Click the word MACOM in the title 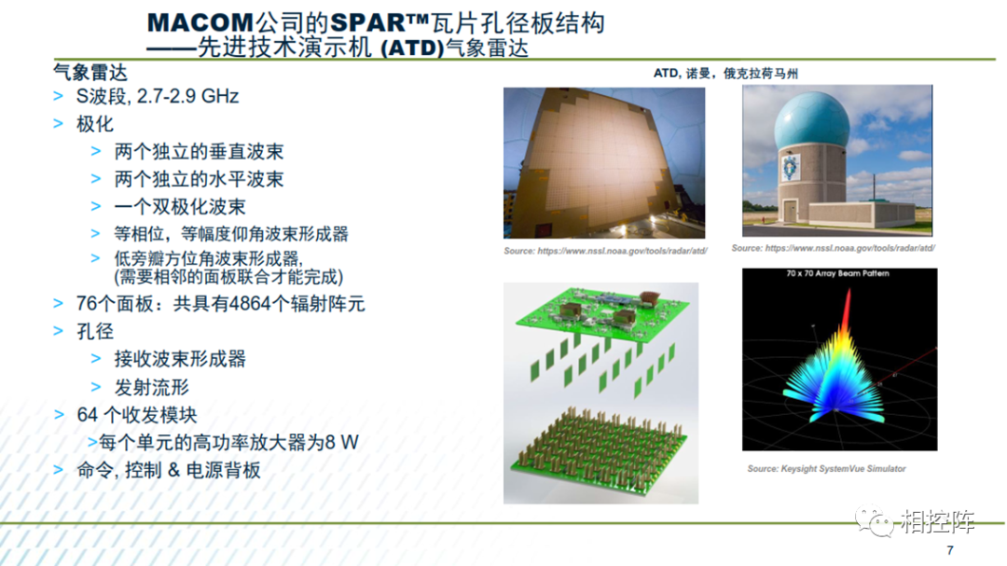click(x=200, y=23)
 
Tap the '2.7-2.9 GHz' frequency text click(x=187, y=96)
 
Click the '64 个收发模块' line click(x=137, y=415)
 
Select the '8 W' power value click(x=341, y=442)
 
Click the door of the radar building click(x=790, y=211)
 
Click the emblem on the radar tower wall click(x=790, y=168)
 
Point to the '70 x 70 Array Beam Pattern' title click(x=837, y=274)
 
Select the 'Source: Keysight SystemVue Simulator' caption click(x=826, y=469)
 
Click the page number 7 click(x=950, y=550)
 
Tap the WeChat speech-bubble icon click(x=874, y=521)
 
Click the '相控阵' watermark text click(x=937, y=521)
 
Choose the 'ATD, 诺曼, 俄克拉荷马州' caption click(x=725, y=74)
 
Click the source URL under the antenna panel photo click(x=606, y=251)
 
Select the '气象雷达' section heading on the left click(x=90, y=72)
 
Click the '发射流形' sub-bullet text click(x=152, y=387)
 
